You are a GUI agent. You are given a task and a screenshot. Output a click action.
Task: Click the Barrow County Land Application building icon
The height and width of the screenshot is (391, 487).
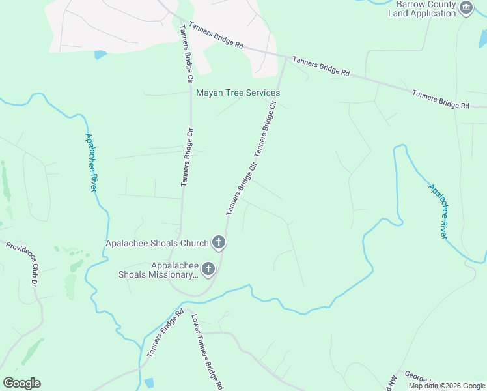click(466, 8)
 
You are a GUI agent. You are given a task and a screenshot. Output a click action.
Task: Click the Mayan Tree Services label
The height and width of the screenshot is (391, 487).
click(238, 93)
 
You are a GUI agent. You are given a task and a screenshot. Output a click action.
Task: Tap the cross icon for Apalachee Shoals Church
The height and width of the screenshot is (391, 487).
click(219, 243)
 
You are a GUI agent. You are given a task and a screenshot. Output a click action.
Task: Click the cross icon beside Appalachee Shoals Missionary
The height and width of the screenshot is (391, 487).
click(208, 268)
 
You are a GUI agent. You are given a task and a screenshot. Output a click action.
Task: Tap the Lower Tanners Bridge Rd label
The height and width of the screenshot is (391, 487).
click(208, 351)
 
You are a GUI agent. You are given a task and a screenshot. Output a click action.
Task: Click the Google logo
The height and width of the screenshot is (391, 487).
click(21, 383)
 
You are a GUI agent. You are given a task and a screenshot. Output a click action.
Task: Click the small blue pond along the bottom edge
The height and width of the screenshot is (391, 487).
click(149, 383)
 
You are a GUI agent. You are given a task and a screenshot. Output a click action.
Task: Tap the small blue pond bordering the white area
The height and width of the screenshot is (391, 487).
click(100, 55)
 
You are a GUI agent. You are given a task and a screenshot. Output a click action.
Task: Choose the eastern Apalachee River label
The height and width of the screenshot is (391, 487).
click(438, 210)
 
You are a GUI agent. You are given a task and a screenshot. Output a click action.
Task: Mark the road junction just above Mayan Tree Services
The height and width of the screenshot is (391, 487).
click(286, 58)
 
